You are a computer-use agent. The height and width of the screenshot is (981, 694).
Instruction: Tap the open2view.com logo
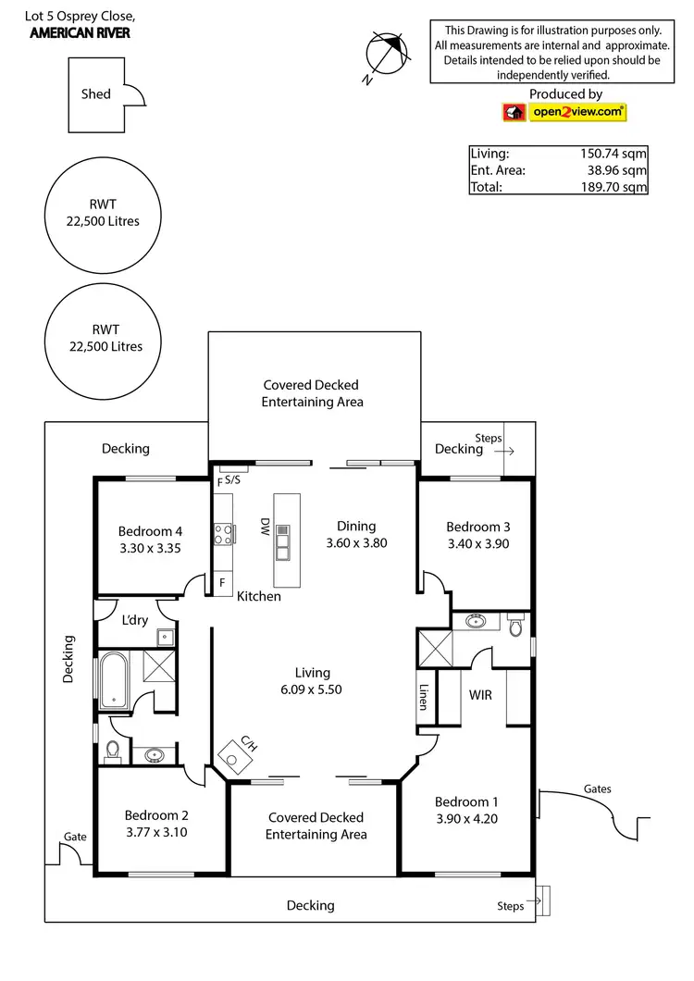[x=564, y=112]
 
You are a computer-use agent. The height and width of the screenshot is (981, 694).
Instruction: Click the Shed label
[x=95, y=93]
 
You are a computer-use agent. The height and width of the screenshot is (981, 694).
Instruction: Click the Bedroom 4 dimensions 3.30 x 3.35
[x=150, y=548]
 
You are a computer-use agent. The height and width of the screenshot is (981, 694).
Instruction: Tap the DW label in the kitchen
[x=265, y=527]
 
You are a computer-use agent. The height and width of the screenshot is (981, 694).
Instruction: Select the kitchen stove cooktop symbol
[x=223, y=534]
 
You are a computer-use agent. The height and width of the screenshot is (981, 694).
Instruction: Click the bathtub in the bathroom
[x=116, y=679]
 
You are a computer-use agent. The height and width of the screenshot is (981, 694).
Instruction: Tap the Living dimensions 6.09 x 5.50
[x=312, y=689]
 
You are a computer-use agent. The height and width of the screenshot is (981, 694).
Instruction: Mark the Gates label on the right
[x=597, y=789]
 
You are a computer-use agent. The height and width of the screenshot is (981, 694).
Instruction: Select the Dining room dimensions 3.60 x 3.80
[x=356, y=543]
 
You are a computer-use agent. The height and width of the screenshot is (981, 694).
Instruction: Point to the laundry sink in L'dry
[x=165, y=637]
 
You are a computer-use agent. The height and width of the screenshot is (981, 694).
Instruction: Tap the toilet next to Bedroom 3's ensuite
[x=516, y=627]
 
